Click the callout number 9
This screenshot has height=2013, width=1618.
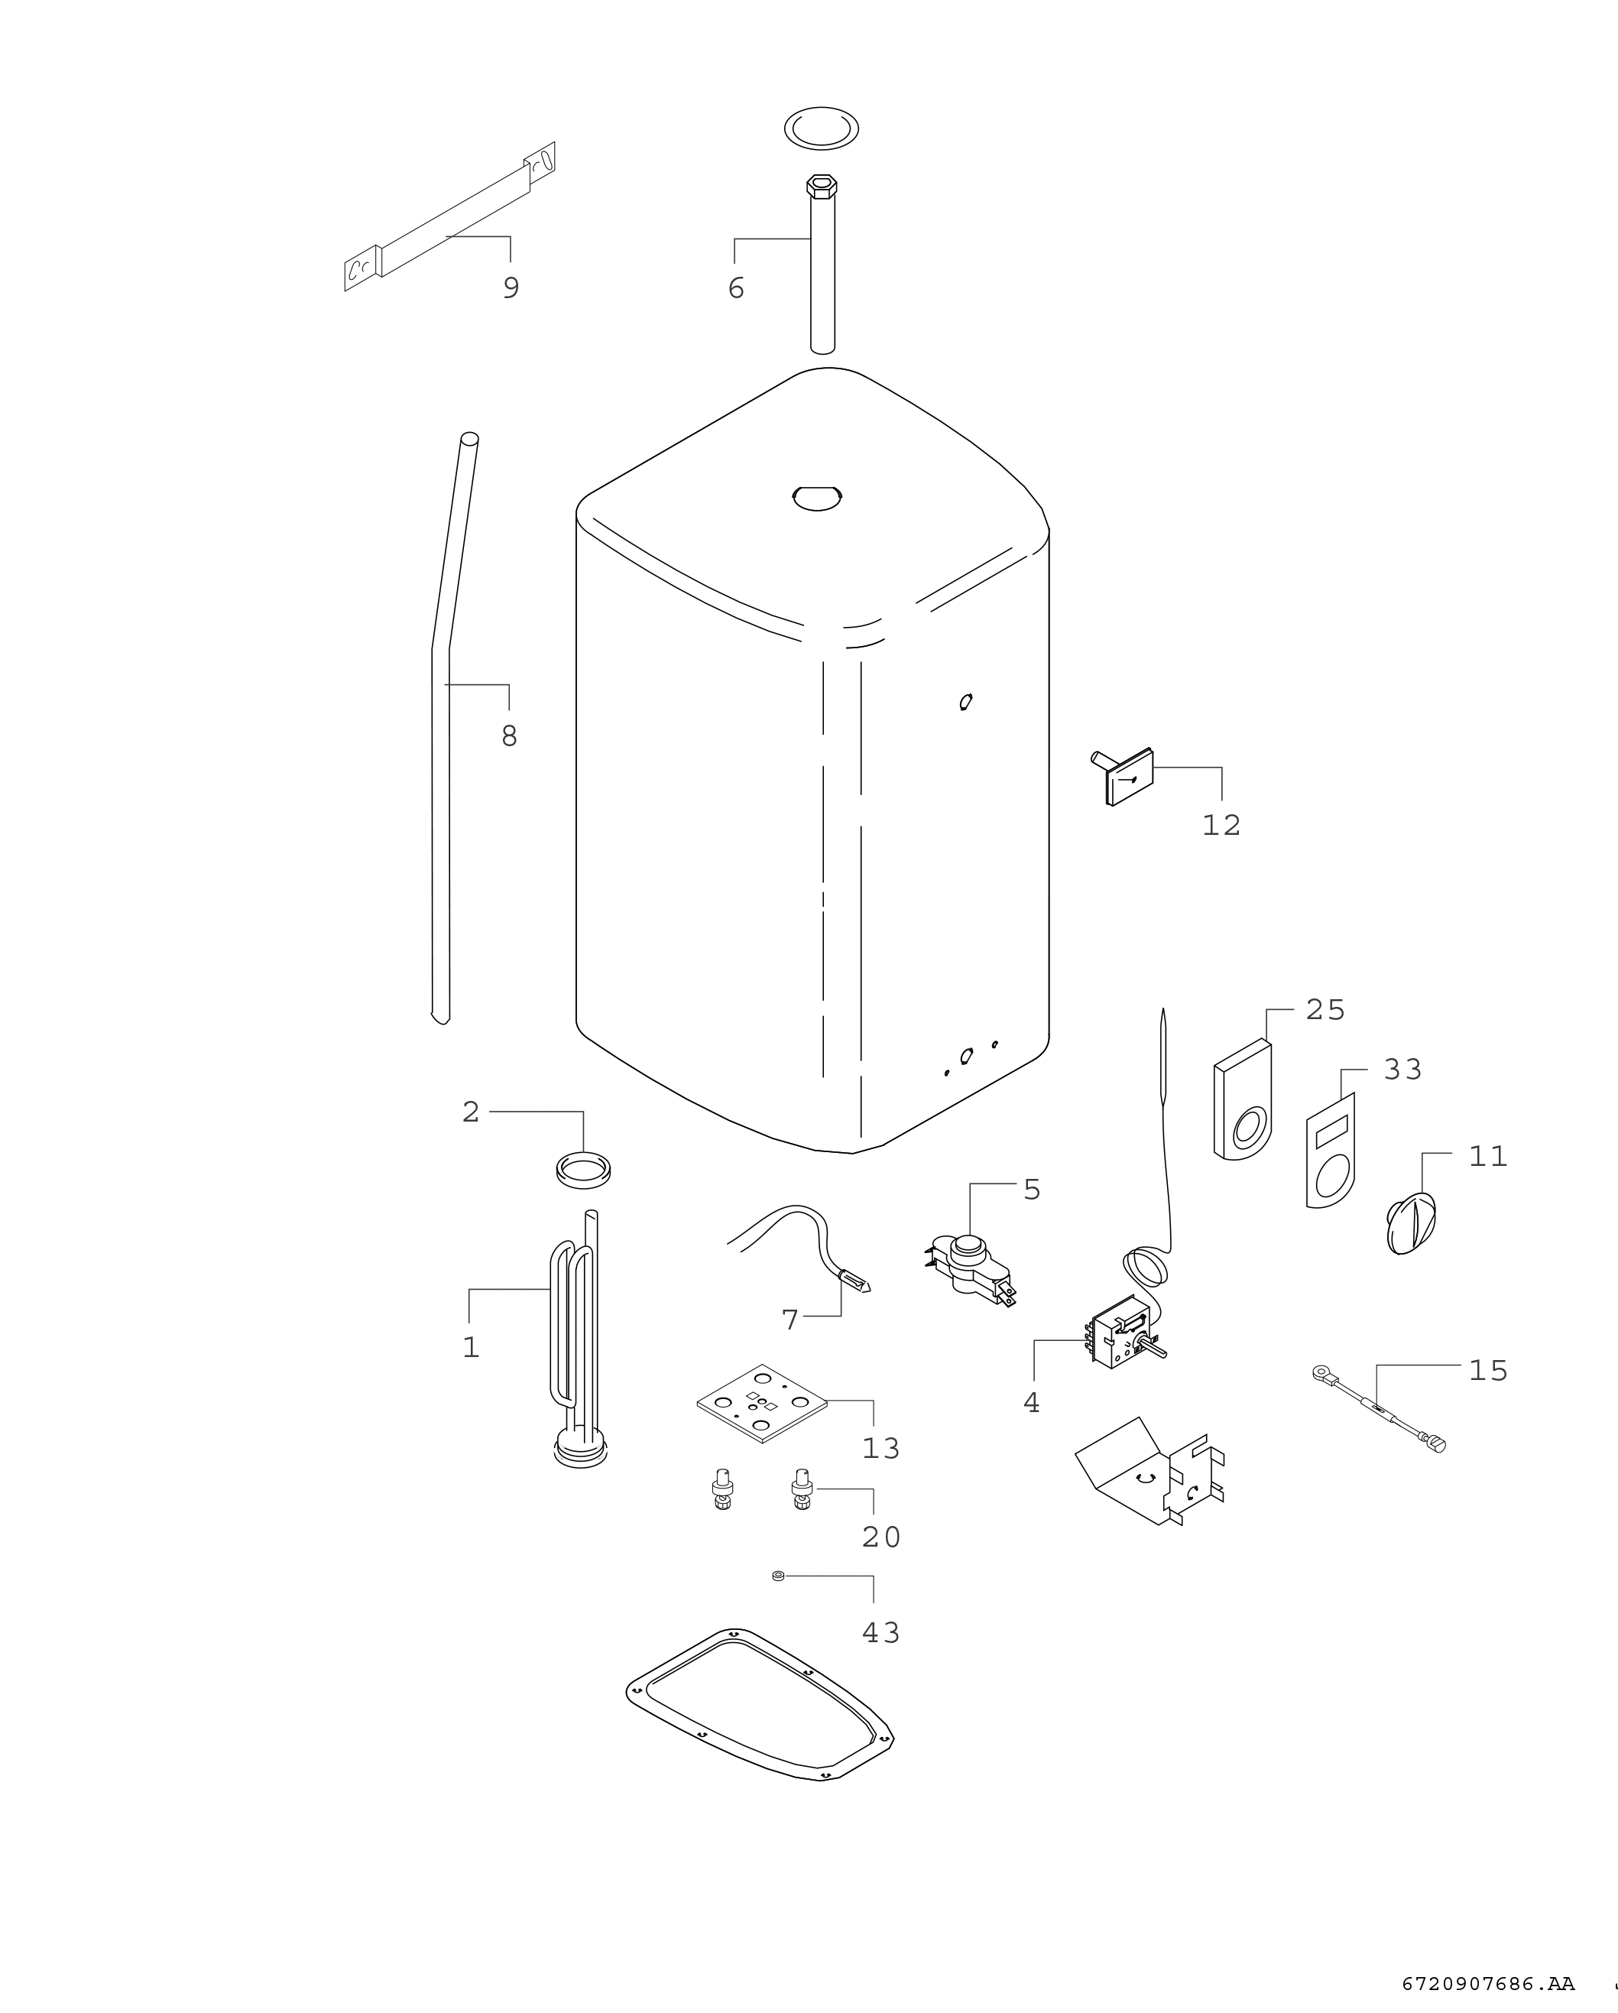click(511, 287)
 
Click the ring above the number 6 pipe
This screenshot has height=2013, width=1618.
click(821, 127)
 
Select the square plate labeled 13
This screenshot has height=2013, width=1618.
click(763, 1404)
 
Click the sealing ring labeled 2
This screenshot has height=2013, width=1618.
click(582, 1170)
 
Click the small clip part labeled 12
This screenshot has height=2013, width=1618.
click(1124, 777)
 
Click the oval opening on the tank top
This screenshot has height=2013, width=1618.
click(817, 497)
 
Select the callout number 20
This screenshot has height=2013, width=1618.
click(880, 1536)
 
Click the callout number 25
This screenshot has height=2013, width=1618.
click(1325, 1010)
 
